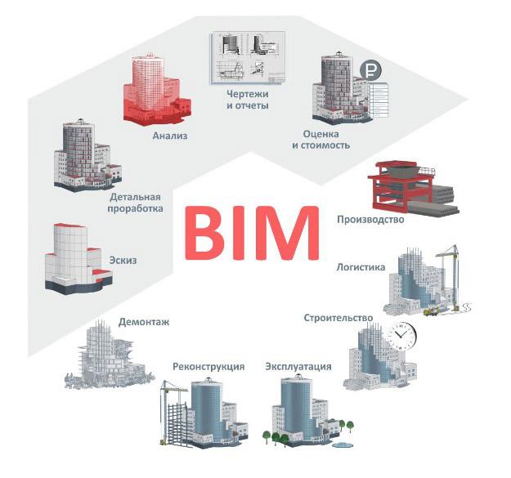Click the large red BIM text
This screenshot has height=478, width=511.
pyautogui.click(x=250, y=234)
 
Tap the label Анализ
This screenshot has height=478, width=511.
pyautogui.click(x=170, y=136)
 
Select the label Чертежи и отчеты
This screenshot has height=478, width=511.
pyautogui.click(x=249, y=100)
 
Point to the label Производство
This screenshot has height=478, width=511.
pyautogui.click(x=370, y=219)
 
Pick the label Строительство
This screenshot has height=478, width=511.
pyautogui.click(x=338, y=317)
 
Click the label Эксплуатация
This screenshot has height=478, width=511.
pyautogui.click(x=298, y=366)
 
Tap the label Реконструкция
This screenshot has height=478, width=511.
pyautogui.click(x=208, y=366)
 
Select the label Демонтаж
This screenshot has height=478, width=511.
pyautogui.click(x=144, y=322)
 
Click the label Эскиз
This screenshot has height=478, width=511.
pyautogui.click(x=123, y=261)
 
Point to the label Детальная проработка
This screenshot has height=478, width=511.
pyautogui.click(x=135, y=202)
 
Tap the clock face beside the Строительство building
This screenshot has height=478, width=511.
pyautogui.click(x=403, y=334)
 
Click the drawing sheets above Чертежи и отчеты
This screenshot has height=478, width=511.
pyautogui.click(x=247, y=58)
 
